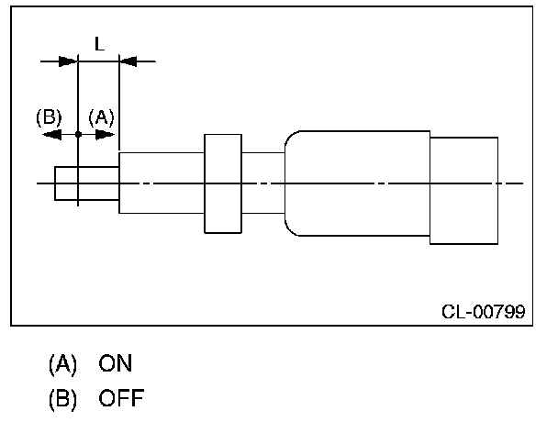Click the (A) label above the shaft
click(x=101, y=117)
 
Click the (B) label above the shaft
click(x=48, y=117)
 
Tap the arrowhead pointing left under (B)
click(x=52, y=134)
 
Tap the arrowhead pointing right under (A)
click(x=106, y=134)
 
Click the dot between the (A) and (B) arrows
click(x=79, y=134)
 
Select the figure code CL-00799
click(x=483, y=312)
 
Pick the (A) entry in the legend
click(x=62, y=364)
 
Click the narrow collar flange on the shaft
click(x=221, y=183)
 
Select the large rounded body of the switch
click(x=358, y=183)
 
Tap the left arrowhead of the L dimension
click(x=67, y=61)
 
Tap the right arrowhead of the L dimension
click(x=130, y=61)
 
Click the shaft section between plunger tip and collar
click(x=161, y=183)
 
